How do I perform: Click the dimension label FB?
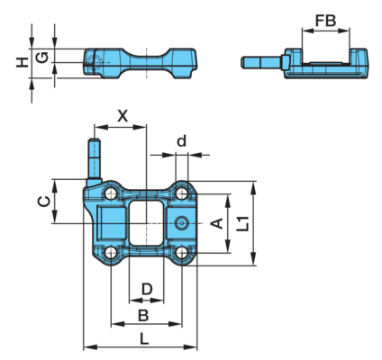pos(325,21)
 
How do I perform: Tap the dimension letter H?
pos(22,62)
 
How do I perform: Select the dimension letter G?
pos(43,57)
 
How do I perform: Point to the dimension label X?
pos(123,116)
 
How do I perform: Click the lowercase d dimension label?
pos(181,140)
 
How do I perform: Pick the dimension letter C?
pos(44,202)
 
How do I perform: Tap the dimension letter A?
pos(217,223)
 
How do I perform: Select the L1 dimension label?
pos(242,223)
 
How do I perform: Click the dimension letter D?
pos(147,290)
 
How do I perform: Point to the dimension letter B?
pos(143,316)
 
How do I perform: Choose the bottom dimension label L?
pos(144,339)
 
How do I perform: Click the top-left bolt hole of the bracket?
pos(111,193)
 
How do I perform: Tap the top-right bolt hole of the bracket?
pos(182,193)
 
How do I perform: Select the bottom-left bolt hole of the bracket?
pos(111,253)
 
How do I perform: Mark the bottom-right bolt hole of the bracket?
pos(182,253)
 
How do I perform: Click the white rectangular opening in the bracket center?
pos(146,223)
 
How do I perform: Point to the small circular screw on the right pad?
pos(182,223)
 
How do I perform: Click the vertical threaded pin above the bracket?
pos(94,158)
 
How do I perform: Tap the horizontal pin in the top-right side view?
pos(262,62)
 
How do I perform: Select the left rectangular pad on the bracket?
pos(110,223)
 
